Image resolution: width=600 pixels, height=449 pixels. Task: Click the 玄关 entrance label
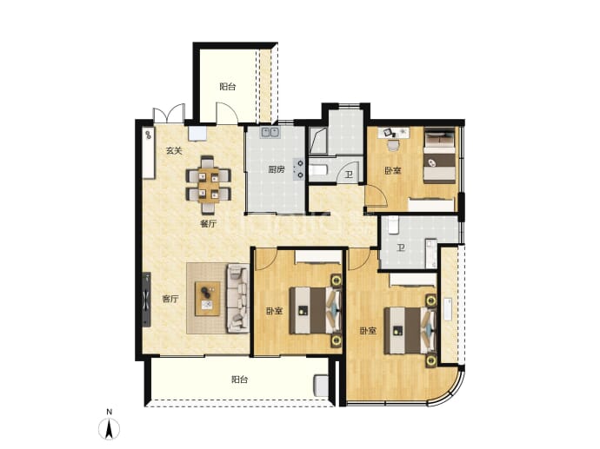tap(174, 151)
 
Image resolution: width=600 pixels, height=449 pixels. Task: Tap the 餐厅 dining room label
tap(208, 224)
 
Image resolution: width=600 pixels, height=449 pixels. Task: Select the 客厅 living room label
tap(170, 300)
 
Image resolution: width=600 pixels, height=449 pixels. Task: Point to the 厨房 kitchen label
tap(277, 169)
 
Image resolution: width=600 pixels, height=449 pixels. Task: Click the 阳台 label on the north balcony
tap(228, 87)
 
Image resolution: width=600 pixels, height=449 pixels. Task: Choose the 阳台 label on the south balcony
tap(239, 380)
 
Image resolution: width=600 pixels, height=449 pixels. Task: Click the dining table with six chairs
tap(209, 185)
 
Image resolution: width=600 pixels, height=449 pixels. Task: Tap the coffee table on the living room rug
tap(208, 299)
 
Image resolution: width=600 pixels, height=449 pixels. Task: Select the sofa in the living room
tap(237, 298)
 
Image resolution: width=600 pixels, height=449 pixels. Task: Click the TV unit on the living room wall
tap(147, 300)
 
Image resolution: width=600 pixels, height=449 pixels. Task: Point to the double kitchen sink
tap(270, 133)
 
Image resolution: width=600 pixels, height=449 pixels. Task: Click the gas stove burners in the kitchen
tap(299, 169)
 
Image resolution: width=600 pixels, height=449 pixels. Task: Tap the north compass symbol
tap(110, 428)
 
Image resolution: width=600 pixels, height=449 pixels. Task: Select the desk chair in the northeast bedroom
tap(393, 145)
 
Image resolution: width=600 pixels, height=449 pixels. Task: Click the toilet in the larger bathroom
tap(393, 225)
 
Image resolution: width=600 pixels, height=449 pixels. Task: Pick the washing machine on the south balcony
tap(321, 386)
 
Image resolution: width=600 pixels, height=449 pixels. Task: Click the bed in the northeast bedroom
tap(440, 155)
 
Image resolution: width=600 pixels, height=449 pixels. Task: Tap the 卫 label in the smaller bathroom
tap(349, 175)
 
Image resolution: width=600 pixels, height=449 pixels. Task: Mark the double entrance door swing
tap(169, 113)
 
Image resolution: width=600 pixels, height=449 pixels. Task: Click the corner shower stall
tap(317, 141)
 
